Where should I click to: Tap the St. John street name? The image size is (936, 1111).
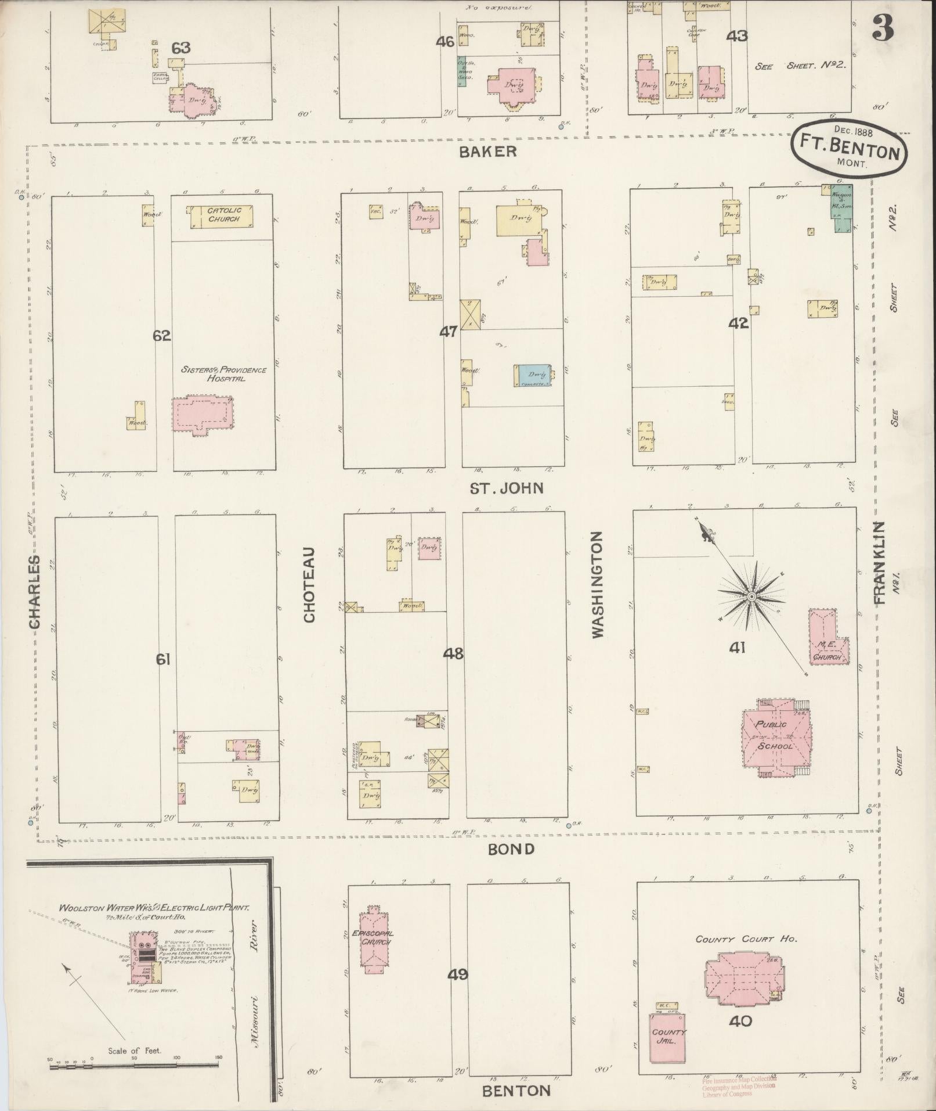tap(507, 488)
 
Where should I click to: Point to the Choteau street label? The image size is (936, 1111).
tap(309, 584)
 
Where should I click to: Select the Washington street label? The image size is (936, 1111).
tap(598, 584)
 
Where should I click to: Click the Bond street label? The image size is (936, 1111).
tap(511, 849)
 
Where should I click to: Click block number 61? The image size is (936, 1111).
tap(162, 659)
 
